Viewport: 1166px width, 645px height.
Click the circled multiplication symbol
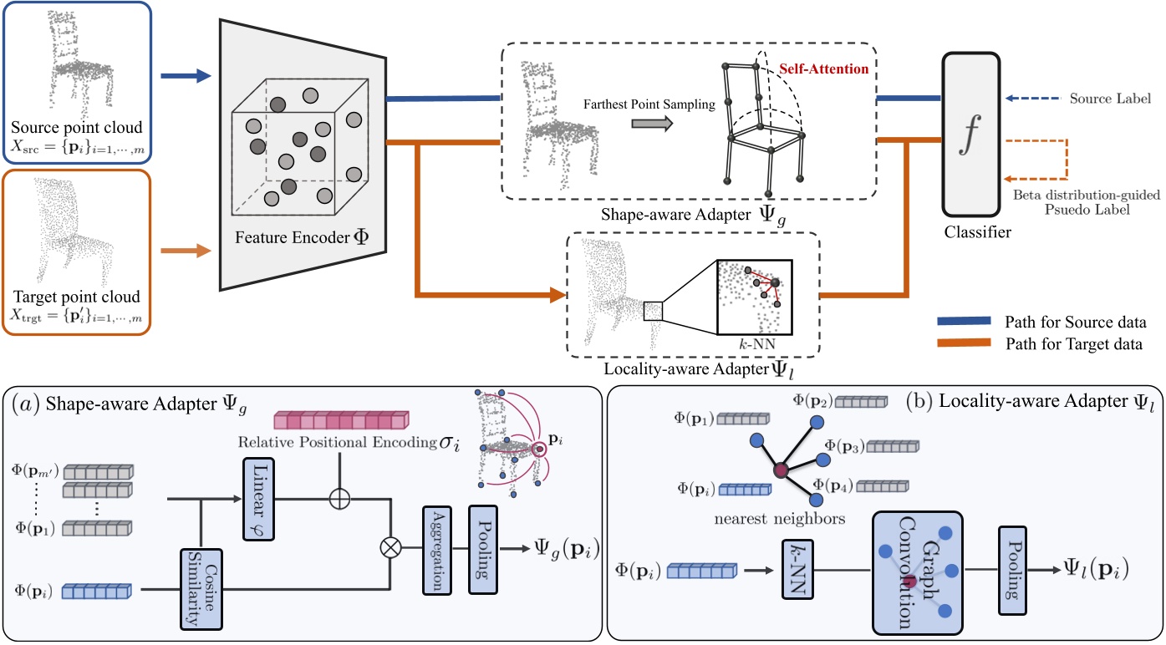[x=390, y=548]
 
